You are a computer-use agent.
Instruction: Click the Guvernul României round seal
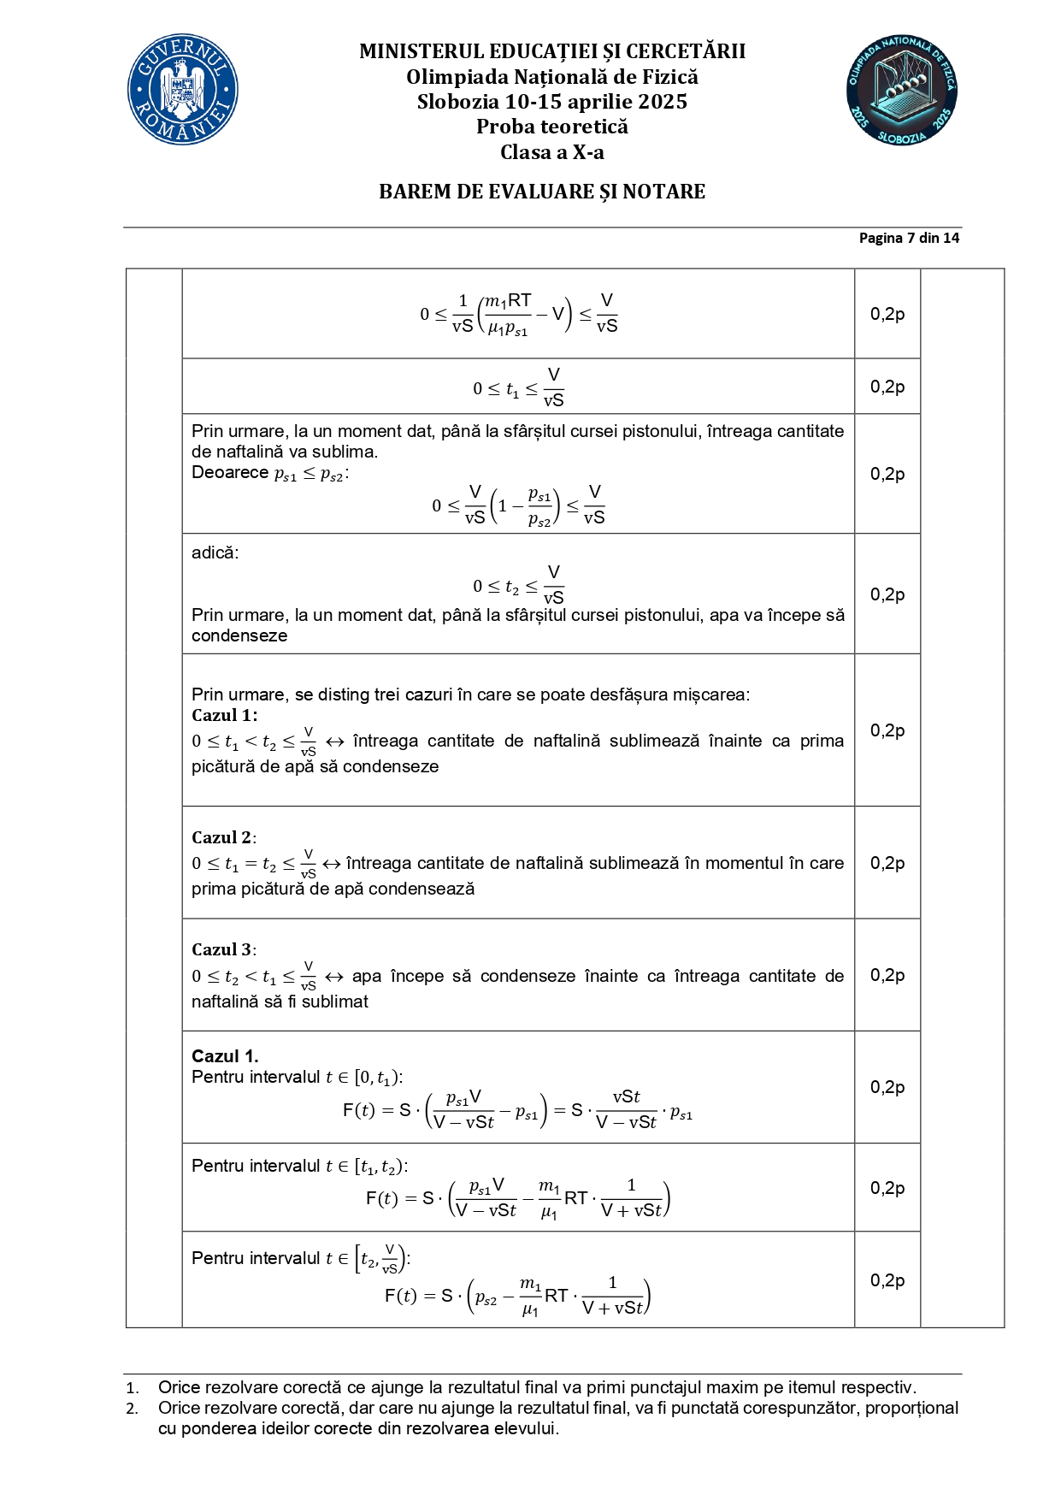183,90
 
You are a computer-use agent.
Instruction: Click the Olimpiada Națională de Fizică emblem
901,90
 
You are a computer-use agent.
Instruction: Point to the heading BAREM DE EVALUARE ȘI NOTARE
542,192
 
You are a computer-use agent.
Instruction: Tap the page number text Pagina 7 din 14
909,238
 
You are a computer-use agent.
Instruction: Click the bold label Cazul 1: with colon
224,715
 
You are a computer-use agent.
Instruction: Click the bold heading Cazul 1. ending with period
225,1055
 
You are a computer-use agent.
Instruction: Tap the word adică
215,553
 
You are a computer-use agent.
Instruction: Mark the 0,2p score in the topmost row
887,314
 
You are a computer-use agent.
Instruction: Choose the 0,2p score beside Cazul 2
887,863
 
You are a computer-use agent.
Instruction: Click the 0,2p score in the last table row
887,1279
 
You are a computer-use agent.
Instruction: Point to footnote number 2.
133,1408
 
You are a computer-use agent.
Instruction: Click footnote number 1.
133,1387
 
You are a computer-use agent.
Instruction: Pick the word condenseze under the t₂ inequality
239,635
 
